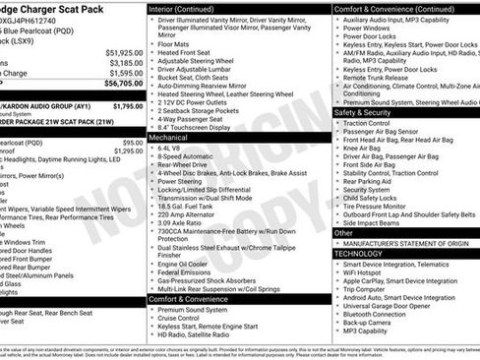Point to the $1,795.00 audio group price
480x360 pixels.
click(127, 106)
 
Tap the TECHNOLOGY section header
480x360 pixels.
click(358, 253)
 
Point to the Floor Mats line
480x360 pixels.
click(173, 44)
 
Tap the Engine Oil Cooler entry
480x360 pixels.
click(184, 266)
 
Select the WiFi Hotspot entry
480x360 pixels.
click(365, 273)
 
